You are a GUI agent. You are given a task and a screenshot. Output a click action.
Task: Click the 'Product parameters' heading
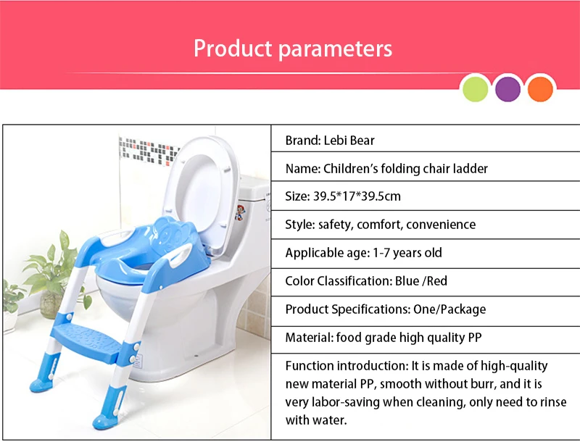[x=293, y=49]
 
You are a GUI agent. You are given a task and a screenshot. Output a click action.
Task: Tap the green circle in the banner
[x=476, y=88]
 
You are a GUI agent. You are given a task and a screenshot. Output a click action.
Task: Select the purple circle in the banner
[x=507, y=88]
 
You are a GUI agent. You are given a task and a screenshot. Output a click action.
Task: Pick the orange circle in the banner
[x=540, y=88]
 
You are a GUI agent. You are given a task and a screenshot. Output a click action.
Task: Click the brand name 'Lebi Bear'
[x=349, y=141]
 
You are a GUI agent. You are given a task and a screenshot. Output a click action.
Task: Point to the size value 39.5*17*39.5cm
[x=357, y=196]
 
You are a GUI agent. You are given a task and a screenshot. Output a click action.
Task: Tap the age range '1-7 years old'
[x=407, y=253]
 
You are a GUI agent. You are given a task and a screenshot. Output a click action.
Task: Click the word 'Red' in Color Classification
[x=437, y=281]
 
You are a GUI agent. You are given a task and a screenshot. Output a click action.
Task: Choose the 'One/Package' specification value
[x=449, y=309]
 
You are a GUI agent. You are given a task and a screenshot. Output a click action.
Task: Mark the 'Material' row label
[x=309, y=338]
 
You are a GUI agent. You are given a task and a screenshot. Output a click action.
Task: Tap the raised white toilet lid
[x=202, y=192]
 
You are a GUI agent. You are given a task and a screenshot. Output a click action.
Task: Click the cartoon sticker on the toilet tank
[x=241, y=212]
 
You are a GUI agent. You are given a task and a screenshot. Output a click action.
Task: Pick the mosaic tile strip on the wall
[x=149, y=151]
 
